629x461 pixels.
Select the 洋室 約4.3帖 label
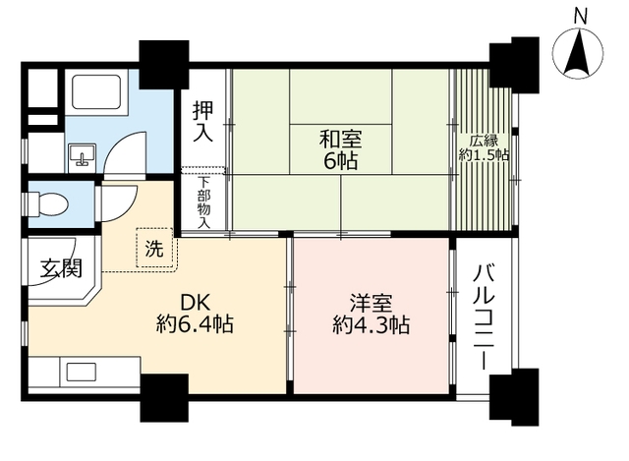(371, 314)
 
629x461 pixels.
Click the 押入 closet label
(203, 121)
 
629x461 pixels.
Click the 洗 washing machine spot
(154, 249)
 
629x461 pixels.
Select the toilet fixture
(49, 203)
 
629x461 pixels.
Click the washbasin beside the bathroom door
(82, 154)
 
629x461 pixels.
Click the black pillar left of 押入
(157, 65)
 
